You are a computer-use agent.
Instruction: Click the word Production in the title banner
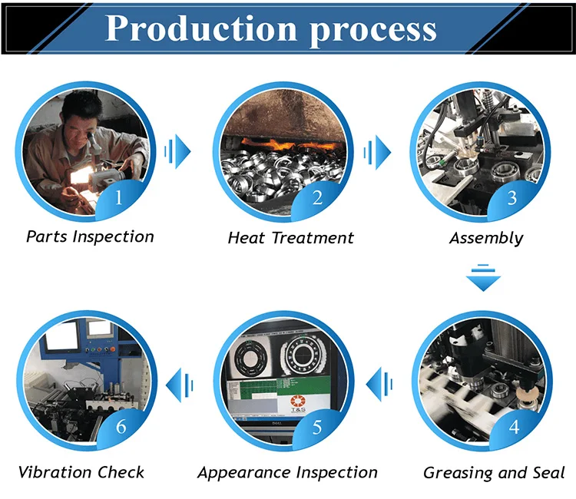tap(201, 28)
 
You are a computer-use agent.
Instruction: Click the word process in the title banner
tap(372, 31)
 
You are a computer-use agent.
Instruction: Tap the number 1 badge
tap(118, 197)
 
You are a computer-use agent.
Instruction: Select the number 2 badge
tap(317, 198)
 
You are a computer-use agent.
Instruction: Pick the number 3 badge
tap(512, 198)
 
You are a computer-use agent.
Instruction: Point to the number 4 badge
tap(514, 427)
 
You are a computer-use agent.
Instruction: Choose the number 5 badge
tap(317, 427)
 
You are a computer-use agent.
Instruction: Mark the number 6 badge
tap(121, 427)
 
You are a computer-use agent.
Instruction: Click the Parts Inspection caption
tap(90, 236)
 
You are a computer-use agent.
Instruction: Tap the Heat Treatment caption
tap(290, 238)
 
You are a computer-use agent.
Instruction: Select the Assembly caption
tap(486, 238)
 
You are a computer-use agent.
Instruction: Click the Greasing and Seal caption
tap(494, 473)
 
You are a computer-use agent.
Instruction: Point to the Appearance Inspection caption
tap(287, 473)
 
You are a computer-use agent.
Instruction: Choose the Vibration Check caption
tap(81, 473)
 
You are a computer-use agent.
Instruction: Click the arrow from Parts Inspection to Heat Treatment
tap(178, 151)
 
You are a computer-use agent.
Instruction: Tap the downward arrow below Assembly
tap(483, 278)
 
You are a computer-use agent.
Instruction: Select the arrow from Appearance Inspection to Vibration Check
tap(180, 385)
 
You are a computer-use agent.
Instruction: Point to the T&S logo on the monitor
tap(298, 404)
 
